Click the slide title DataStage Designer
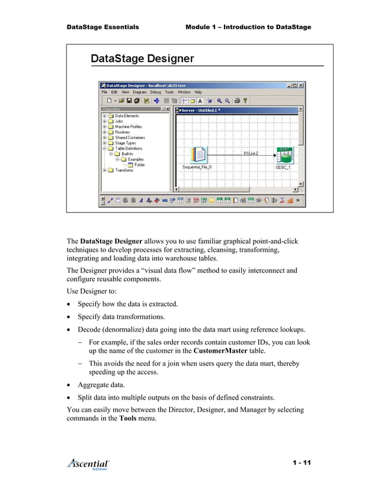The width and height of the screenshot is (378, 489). click(142, 59)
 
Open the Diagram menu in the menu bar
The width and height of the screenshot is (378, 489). click(140, 92)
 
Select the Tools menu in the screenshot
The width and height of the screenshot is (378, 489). click(169, 92)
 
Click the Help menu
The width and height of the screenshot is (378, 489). click(198, 92)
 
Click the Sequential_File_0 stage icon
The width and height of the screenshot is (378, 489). click(197, 155)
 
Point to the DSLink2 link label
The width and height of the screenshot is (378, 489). click(251, 153)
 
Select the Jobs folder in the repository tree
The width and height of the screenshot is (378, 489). click(118, 121)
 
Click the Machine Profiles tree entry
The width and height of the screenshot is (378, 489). click(128, 127)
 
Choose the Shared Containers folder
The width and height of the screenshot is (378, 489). click(130, 137)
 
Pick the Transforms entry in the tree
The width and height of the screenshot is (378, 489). click(124, 170)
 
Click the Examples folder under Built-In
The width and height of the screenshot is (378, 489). click(135, 159)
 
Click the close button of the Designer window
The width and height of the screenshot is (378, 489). click(301, 85)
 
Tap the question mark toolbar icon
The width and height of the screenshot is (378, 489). click(245, 101)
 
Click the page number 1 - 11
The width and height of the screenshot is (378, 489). click(301, 462)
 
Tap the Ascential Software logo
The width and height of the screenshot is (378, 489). click(88, 464)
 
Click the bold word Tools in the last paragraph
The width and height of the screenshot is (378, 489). click(129, 417)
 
